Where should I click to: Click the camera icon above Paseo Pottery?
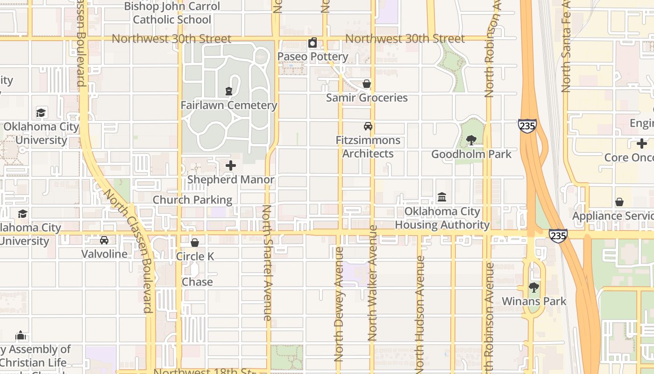pos(313,43)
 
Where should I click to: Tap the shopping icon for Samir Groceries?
pos(367,84)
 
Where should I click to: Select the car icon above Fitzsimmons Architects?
pos(368,126)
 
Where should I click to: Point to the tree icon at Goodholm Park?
pos(471,140)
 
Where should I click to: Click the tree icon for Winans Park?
pos(534,288)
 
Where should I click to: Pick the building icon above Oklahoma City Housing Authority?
pos(442,197)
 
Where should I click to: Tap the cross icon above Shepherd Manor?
pos(231,165)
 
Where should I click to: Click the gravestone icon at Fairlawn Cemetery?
pos(229,91)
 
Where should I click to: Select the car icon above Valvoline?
pos(104,240)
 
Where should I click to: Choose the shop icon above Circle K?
pos(195,243)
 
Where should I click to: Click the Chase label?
pos(197,282)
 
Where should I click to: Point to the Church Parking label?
pos(192,200)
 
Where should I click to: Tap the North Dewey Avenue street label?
pos(339,304)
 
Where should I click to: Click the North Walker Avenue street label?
pos(372,283)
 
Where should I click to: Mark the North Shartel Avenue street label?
pos(267,263)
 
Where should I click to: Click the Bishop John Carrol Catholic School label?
pos(172,13)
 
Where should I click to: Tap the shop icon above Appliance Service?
pos(619,202)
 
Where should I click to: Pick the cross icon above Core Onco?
pos(642,144)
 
